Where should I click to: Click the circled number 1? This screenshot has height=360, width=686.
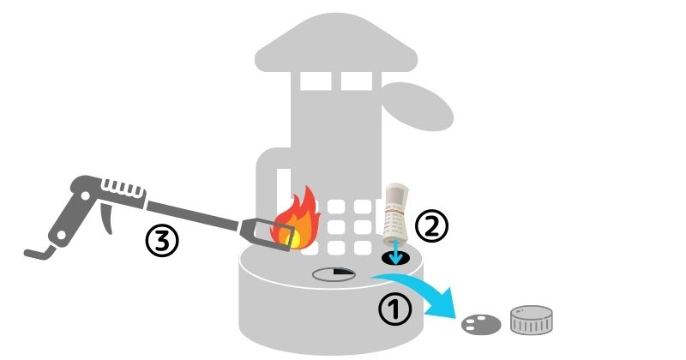tap(395, 309)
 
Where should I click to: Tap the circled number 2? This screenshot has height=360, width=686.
tap(431, 225)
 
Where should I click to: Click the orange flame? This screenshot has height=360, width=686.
tap(295, 219)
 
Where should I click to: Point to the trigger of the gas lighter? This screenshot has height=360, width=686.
tap(106, 218)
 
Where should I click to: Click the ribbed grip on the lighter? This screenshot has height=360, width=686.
tap(123, 189)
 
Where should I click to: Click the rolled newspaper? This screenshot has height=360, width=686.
tap(396, 214)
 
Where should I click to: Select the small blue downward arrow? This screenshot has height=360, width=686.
tap(396, 251)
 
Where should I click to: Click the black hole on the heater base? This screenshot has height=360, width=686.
tap(396, 258)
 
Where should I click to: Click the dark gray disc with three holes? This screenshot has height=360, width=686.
tap(481, 325)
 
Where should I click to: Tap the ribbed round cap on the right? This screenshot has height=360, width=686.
tap(531, 321)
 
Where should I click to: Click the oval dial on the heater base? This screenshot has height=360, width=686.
tap(334, 274)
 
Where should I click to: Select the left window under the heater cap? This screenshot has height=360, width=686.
tap(316, 81)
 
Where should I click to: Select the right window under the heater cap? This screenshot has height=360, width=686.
tap(357, 81)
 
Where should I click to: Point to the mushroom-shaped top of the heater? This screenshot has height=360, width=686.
tap(336, 43)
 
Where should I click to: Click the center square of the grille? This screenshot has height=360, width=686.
tap(336, 227)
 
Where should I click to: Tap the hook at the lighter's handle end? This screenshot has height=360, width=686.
tap(39, 252)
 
